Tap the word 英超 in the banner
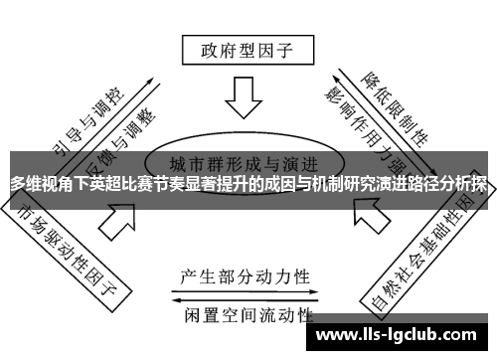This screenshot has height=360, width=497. (109, 184)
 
